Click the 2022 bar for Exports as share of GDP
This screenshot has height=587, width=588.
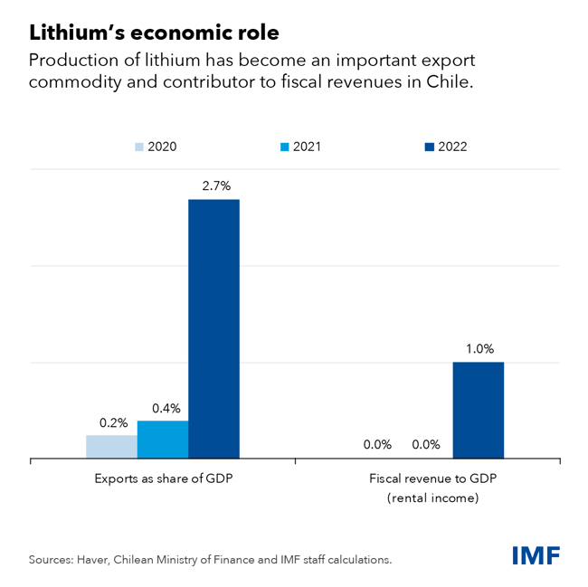tap(213, 328)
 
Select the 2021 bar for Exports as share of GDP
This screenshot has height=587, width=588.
tap(163, 440)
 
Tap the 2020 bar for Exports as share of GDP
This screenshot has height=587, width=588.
tap(112, 448)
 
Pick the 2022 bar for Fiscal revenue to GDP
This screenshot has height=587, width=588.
tap(478, 411)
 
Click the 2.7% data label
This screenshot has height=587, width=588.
tap(213, 185)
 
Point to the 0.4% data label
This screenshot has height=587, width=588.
tap(164, 408)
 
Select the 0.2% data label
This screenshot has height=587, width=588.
tap(113, 422)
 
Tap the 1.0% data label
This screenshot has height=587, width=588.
tap(478, 349)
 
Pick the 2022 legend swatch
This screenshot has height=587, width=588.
tap(430, 147)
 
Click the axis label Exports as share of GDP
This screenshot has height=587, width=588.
tap(163, 478)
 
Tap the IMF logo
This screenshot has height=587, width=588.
tap(536, 554)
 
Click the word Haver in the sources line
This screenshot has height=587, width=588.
tap(98, 560)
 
